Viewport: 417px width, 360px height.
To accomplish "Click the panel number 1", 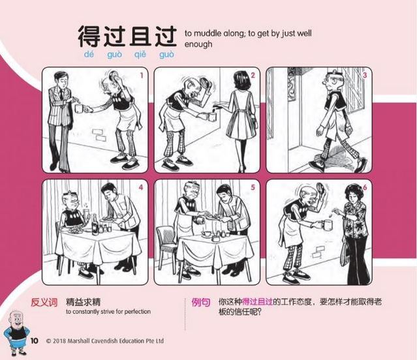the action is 142,76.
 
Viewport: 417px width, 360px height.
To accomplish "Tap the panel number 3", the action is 365,75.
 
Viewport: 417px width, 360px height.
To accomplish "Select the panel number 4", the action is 141,188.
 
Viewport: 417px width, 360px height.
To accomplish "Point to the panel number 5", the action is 253,188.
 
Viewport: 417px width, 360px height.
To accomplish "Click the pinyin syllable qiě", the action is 140,55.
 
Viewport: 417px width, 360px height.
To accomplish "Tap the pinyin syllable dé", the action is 89,55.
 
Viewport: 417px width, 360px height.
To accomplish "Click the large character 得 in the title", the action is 89,37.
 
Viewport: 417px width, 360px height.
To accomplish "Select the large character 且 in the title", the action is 140,37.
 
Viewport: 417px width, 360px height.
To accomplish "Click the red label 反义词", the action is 44,303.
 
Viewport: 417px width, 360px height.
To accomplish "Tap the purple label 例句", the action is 201,303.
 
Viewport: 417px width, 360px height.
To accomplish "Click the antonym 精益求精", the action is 84,302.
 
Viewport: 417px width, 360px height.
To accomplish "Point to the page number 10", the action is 35,341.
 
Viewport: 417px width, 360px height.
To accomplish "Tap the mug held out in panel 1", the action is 80,108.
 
